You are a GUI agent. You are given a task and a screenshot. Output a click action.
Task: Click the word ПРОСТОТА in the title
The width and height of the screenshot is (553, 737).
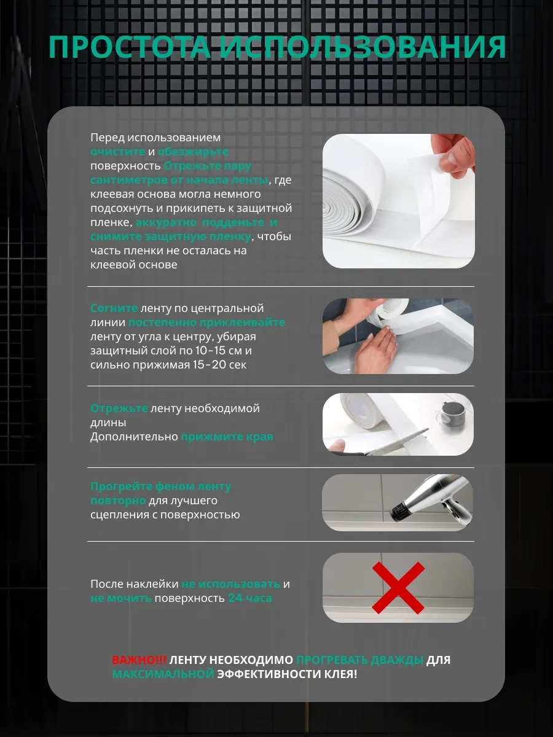(130, 47)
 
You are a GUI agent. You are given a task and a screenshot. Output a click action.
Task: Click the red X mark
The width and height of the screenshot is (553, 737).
(398, 588)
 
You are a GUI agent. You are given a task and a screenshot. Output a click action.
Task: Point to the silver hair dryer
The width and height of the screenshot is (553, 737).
(433, 501)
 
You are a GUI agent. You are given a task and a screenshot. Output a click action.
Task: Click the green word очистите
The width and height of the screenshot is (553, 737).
(117, 152)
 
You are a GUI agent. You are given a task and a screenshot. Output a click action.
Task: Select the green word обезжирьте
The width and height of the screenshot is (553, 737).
(193, 152)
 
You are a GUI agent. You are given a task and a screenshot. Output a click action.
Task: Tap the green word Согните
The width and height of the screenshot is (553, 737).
(114, 308)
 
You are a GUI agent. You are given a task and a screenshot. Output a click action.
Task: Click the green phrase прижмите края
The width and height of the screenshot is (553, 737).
(227, 437)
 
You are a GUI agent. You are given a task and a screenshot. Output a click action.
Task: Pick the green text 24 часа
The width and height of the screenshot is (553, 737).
(250, 598)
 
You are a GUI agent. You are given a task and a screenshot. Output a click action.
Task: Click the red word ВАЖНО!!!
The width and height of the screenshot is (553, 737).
(139, 660)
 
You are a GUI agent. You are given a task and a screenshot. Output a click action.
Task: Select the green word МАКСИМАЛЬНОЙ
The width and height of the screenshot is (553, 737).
(163, 674)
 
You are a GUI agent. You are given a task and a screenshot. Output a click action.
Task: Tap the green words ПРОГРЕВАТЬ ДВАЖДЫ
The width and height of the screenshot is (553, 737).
(359, 660)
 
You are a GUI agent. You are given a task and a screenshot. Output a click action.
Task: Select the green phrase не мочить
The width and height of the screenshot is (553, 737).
(121, 598)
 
